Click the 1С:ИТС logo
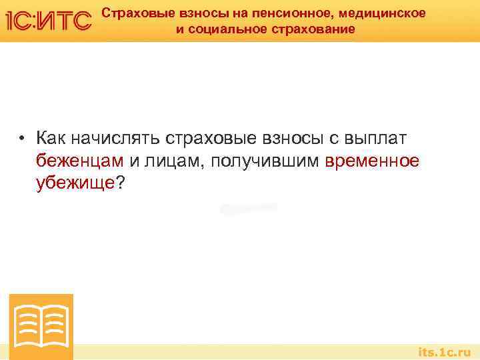[x=47, y=21]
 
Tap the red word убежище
[x=75, y=183]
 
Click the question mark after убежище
[x=119, y=183]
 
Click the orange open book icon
[x=41, y=327]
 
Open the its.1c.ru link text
[x=445, y=351]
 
